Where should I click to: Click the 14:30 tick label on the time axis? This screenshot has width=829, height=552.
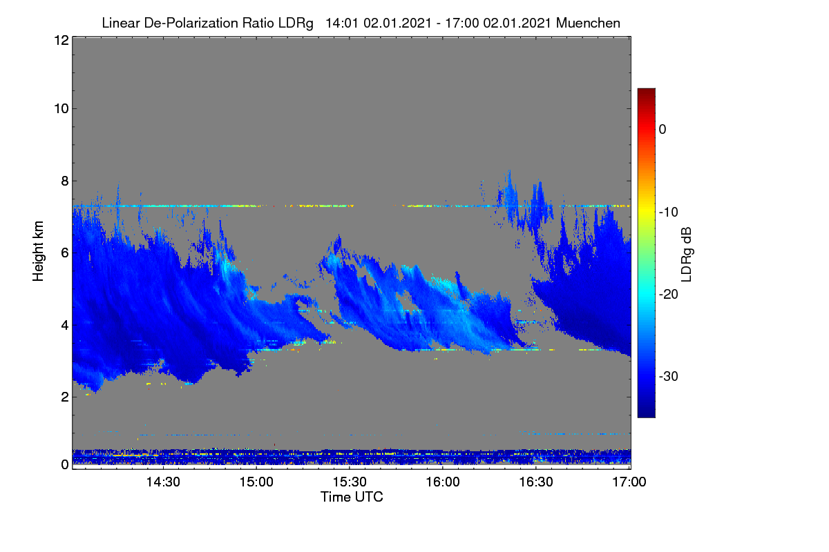[163, 482]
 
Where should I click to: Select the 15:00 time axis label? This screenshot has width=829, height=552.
[256, 482]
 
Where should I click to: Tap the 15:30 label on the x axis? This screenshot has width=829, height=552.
[350, 482]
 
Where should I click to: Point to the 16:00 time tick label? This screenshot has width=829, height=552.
[443, 482]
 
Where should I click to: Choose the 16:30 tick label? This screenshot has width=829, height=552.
[536, 482]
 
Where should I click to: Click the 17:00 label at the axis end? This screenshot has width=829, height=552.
[629, 482]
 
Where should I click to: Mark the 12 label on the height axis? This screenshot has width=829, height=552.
[61, 40]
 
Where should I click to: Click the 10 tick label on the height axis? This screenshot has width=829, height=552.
[61, 109]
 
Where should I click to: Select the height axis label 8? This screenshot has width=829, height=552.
[65, 181]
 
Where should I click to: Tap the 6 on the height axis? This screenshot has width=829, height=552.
[65, 253]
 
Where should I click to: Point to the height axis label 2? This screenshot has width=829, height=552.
[65, 397]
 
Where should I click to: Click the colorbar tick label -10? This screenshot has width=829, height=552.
[669, 213]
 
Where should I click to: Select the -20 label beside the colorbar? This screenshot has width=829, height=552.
[669, 295]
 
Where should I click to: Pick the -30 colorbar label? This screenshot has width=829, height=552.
[669, 377]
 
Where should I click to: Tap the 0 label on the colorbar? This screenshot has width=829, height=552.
[663, 130]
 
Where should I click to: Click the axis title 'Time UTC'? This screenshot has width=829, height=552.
[352, 497]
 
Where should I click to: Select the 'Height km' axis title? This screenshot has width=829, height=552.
[38, 251]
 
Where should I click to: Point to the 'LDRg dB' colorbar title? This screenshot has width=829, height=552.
[686, 255]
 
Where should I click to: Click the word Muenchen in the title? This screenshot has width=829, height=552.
[588, 23]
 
